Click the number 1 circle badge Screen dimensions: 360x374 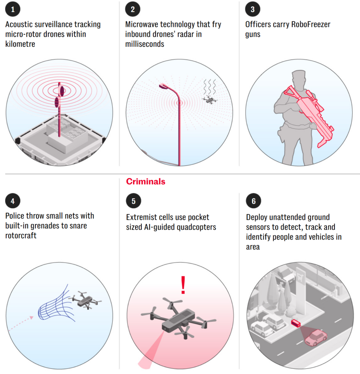pos(13,9)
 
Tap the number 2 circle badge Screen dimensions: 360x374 pos(133,9)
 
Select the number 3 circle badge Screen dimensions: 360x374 pos(253,9)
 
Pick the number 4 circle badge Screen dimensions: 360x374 pos(13,201)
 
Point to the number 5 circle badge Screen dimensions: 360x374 pos(134,201)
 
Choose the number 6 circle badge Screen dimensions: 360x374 pos(253,201)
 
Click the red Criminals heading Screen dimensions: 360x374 pos(146,182)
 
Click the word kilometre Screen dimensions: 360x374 pos(20,44)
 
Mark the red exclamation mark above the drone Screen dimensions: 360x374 pos(183,285)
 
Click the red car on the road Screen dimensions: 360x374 pos(316,337)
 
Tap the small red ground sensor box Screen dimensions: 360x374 pos(296,323)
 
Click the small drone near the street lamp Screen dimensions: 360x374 pos(210,99)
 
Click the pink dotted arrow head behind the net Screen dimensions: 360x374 pos(31,317)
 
